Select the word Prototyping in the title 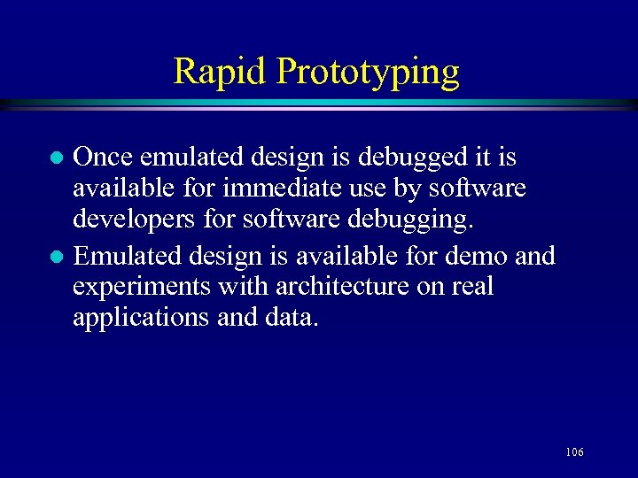pos(368,72)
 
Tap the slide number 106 pos(573,452)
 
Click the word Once pos(104,158)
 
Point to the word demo pos(482,257)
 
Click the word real pos(471,287)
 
